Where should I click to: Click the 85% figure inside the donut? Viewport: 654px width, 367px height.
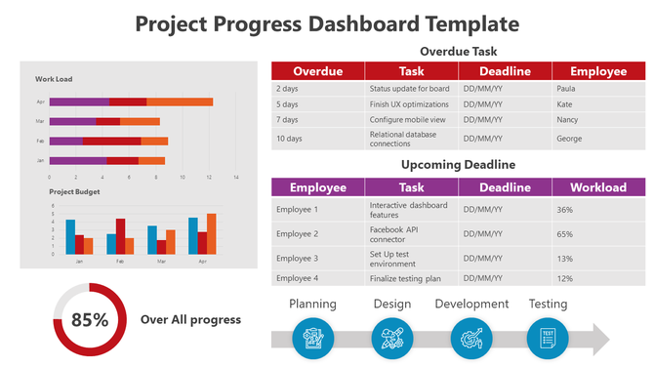pyautogui.click(x=89, y=319)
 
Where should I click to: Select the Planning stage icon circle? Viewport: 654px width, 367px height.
pyautogui.click(x=314, y=338)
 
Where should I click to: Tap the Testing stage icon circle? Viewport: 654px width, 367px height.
pyautogui.click(x=547, y=338)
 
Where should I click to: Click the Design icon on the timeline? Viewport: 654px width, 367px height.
pyautogui.click(x=391, y=338)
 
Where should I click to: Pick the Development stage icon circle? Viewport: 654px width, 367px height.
pyautogui.click(x=470, y=338)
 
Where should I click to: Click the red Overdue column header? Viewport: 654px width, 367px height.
pyautogui.click(x=317, y=71)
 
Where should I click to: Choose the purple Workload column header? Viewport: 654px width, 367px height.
pyautogui.click(x=598, y=187)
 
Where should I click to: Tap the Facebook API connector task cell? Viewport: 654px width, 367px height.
pyautogui.click(x=407, y=234)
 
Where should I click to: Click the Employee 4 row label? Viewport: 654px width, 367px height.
pyautogui.click(x=297, y=278)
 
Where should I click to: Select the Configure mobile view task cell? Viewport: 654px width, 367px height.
pyautogui.click(x=406, y=119)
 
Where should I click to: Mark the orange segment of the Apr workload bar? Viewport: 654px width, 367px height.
pyautogui.click(x=180, y=102)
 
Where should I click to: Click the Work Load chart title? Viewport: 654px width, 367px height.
pyautogui.click(x=54, y=79)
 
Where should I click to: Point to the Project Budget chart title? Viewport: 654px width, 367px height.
pyautogui.click(x=74, y=192)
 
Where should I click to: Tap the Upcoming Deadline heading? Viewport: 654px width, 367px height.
pyautogui.click(x=459, y=165)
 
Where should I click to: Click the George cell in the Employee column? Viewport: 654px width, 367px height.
pyautogui.click(x=570, y=139)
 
